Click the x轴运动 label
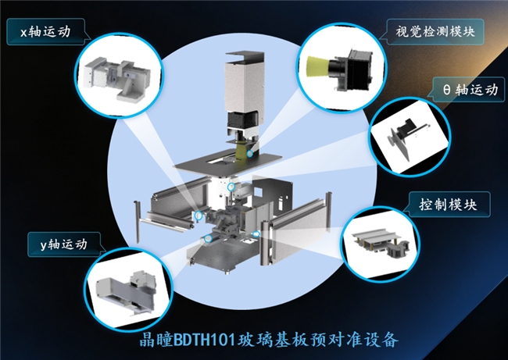point(45,32)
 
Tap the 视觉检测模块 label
point(435,32)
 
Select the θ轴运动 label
point(470,90)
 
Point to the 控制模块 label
point(448,205)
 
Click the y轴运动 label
point(63,244)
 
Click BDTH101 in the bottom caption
point(204,340)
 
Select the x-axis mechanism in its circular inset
point(116,77)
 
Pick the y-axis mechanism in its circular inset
point(127,292)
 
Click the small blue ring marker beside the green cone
point(250,154)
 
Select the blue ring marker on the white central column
point(231,187)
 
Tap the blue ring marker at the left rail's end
point(198,215)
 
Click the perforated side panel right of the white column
point(273,194)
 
